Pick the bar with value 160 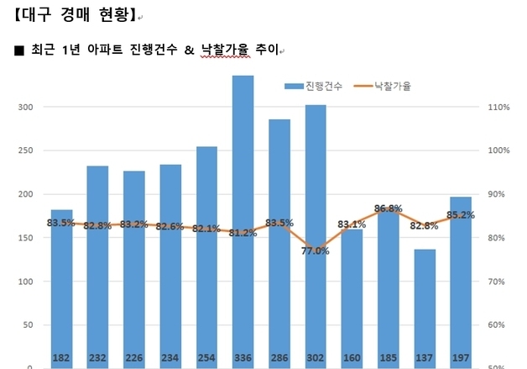click(x=352, y=294)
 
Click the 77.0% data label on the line click(x=316, y=250)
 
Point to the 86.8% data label click(x=388, y=208)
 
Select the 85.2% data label click(x=461, y=214)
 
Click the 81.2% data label click(x=243, y=233)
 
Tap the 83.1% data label click(x=352, y=224)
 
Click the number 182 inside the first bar click(x=61, y=358)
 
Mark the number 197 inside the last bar click(x=461, y=358)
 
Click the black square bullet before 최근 click(x=19, y=51)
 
